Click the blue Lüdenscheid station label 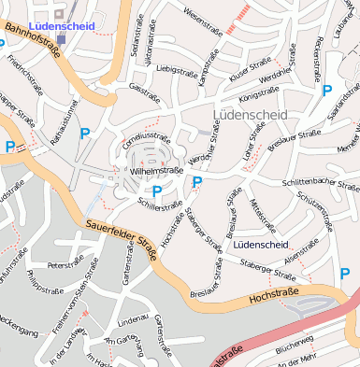point(62,26)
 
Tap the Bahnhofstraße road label point(32,42)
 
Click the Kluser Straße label point(249,71)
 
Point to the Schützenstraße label point(314,214)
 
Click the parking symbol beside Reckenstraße point(326,91)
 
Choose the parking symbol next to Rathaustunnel point(85,134)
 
